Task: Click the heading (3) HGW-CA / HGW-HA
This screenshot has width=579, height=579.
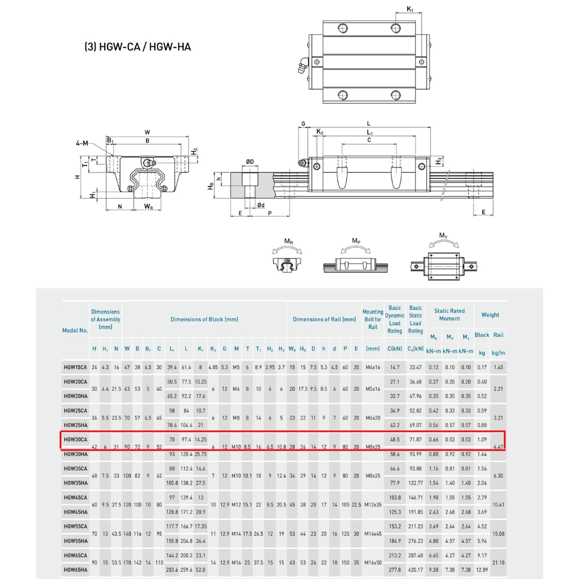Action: point(138,47)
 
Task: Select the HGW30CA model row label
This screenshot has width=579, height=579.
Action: point(75,439)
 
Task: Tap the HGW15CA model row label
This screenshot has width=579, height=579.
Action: point(75,367)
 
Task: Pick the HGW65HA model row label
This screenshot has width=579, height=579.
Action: point(75,570)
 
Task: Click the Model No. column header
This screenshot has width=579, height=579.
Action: point(75,330)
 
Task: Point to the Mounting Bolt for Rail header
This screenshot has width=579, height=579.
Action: point(373,319)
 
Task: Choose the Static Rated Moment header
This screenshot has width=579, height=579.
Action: point(449,314)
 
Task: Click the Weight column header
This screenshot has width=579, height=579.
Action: point(490,315)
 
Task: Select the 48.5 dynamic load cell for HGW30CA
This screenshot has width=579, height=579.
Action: point(395,439)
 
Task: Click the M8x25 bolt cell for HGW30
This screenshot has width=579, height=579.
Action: point(373,446)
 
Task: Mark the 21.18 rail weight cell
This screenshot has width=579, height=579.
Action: point(498,563)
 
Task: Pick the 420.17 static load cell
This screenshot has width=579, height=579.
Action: point(415,570)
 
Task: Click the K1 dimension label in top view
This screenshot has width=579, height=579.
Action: point(410,9)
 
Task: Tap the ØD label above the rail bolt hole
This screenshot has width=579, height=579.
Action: point(250,162)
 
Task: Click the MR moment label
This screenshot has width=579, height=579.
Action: point(288,240)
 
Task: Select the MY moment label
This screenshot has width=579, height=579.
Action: point(443,236)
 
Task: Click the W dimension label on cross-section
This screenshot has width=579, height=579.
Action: point(147,132)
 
